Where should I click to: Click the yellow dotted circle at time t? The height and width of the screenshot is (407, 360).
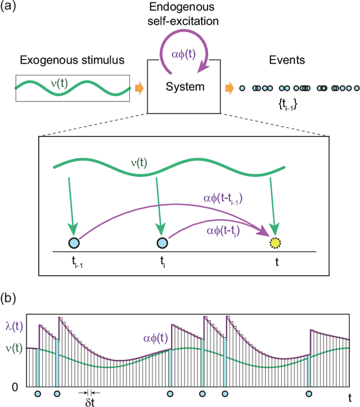275,243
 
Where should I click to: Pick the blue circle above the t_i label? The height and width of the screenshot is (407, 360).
161,243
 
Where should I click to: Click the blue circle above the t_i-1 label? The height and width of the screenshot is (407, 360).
73,243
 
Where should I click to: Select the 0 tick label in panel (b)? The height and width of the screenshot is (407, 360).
16,387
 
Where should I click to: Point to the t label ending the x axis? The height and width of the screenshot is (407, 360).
349,390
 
